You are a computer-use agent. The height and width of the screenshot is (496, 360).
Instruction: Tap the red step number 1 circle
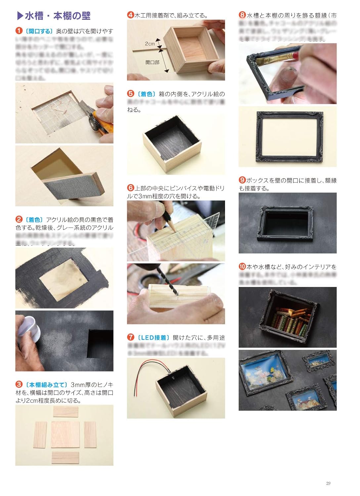point(19,31)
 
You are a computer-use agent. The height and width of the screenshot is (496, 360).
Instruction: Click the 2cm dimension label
point(150,44)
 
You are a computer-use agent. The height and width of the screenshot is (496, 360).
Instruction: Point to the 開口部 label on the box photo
point(152,62)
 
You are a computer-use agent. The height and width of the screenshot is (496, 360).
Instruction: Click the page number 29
point(328,483)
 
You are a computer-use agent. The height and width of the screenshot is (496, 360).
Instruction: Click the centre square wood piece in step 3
point(65,434)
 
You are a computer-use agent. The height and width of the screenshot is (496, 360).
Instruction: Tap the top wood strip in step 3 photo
point(66,412)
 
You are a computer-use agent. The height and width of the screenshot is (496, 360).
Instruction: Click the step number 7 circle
point(131,337)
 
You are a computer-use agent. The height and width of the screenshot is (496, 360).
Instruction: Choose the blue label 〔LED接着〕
point(153,338)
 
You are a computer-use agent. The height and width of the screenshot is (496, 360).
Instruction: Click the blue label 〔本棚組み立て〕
point(46,385)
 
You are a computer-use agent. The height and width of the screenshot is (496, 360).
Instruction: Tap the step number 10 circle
point(242,267)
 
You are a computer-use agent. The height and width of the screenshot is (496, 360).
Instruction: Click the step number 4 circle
point(130,15)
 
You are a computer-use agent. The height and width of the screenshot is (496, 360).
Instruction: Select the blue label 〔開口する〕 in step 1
point(39,31)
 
